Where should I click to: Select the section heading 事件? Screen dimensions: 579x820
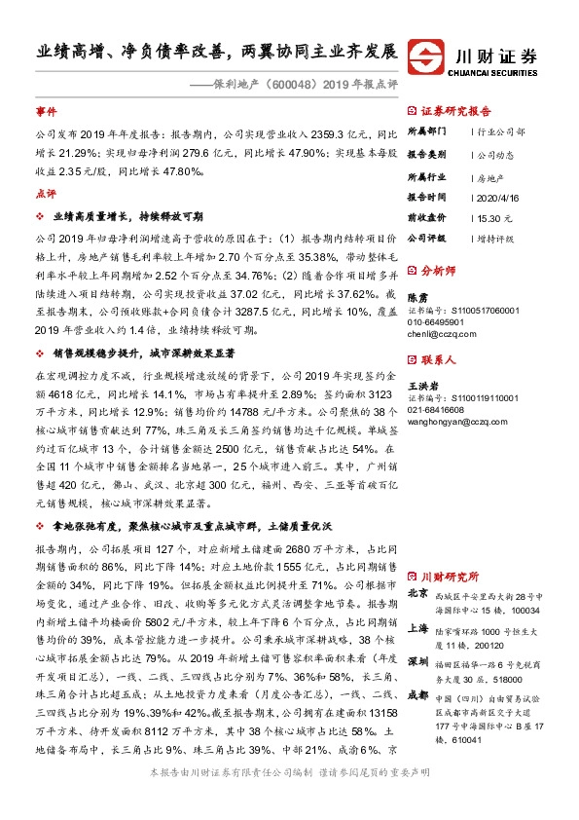click(46, 112)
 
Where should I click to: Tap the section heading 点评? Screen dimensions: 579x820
click(46, 193)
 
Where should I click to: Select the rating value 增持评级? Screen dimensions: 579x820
click(497, 238)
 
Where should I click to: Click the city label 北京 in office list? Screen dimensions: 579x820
click(416, 593)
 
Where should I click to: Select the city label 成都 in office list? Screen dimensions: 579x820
click(416, 695)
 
